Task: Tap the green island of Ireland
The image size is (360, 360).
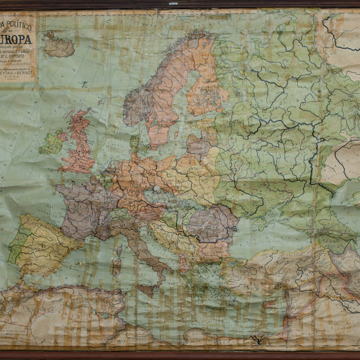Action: [x=52, y=142]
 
